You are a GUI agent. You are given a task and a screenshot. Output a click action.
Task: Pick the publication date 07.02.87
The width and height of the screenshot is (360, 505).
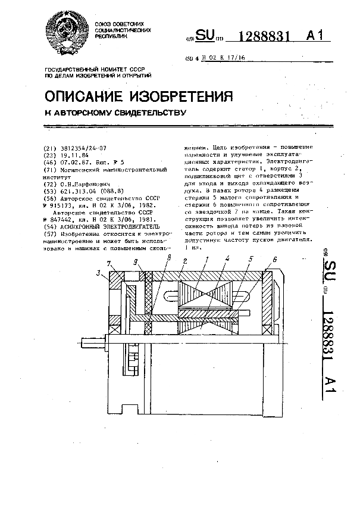pyautogui.click(x=73, y=161)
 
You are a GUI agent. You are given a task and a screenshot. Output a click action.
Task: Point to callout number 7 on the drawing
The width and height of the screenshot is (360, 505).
pyautogui.click(x=108, y=263)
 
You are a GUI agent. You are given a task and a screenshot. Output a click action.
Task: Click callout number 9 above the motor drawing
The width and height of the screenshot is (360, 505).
pyautogui.click(x=135, y=262)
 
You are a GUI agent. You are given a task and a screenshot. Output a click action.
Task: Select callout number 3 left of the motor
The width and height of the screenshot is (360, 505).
pyautogui.click(x=97, y=273)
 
